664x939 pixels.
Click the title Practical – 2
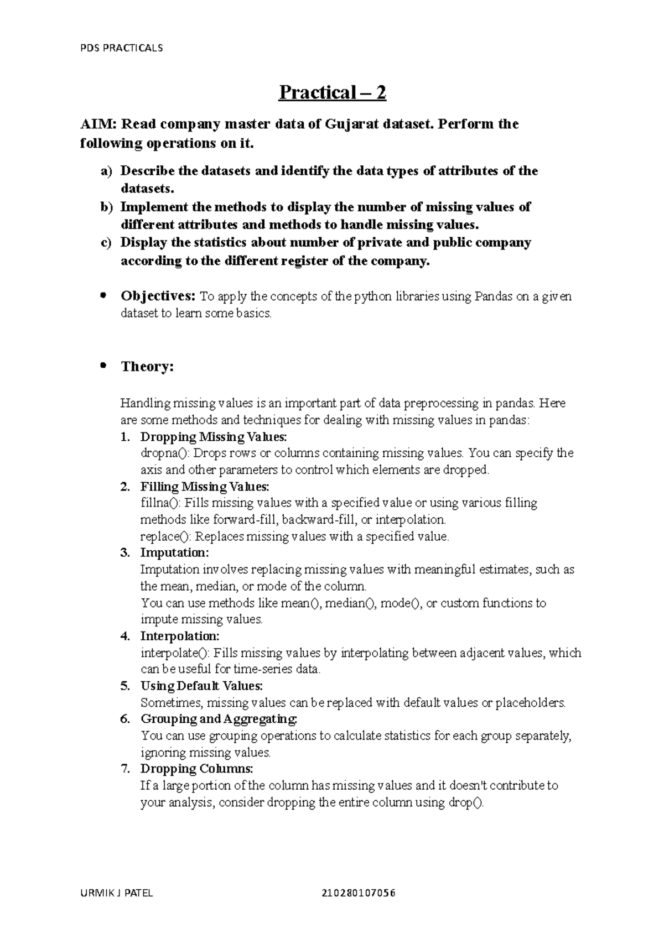pyautogui.click(x=332, y=92)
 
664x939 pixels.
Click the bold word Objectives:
pyautogui.click(x=158, y=296)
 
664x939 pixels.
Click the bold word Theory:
pyautogui.click(x=147, y=367)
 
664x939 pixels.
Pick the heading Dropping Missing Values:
pyautogui.click(x=214, y=437)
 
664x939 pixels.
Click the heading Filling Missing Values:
pyautogui.click(x=205, y=487)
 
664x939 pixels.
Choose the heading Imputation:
pyautogui.click(x=174, y=553)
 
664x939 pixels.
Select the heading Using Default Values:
pyautogui.click(x=201, y=686)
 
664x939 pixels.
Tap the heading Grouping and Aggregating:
pyautogui.click(x=219, y=719)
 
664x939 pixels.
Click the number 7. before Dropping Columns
pyautogui.click(x=125, y=769)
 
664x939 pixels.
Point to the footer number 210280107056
pyautogui.click(x=362, y=893)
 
